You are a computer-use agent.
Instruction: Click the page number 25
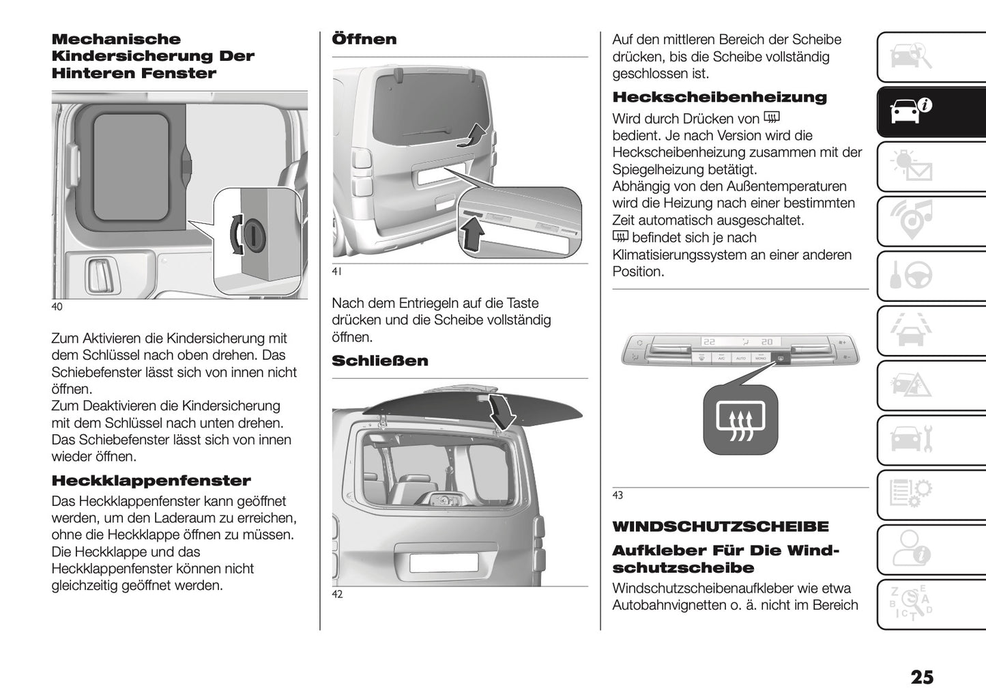(x=921, y=677)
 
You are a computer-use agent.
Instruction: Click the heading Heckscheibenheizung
(x=719, y=97)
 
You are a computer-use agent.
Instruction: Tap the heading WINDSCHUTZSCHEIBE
(x=721, y=526)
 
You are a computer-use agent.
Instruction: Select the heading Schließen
(x=379, y=360)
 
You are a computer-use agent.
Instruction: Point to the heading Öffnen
(x=364, y=39)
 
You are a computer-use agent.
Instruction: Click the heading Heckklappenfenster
(x=151, y=481)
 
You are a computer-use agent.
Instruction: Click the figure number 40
(x=57, y=307)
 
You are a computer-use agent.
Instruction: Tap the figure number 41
(x=336, y=272)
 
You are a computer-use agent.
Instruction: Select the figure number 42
(x=337, y=594)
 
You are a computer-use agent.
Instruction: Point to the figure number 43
(x=618, y=495)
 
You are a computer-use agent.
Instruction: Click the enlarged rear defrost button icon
(x=740, y=419)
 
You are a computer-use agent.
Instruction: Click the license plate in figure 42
(x=443, y=563)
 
